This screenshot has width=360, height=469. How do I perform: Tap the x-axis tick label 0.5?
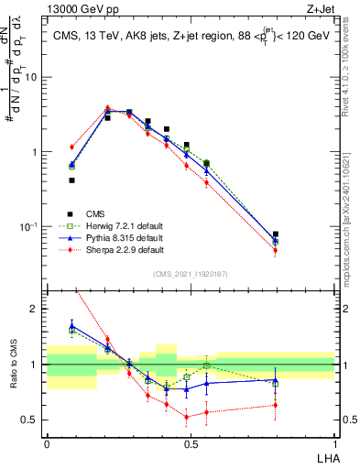pos(191,442)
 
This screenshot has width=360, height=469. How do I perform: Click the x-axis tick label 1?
pos(334,442)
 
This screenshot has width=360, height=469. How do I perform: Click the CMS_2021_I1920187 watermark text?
pos(191,274)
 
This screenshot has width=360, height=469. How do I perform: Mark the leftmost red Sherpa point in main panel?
pos(72,147)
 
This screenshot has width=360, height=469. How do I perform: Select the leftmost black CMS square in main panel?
pos(72,180)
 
